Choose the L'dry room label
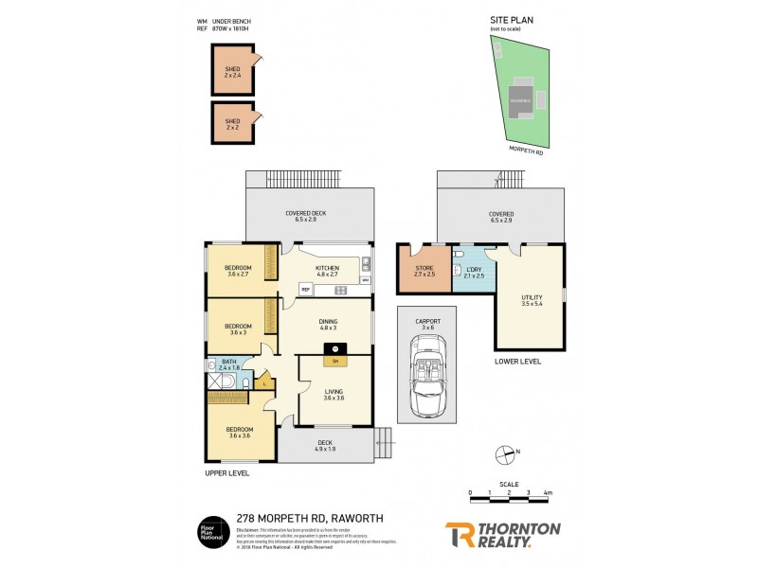474,273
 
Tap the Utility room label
532,301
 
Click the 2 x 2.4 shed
232,73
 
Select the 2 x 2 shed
232,123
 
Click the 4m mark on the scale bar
549,493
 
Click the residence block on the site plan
522,99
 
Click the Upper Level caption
226,472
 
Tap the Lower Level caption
517,362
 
